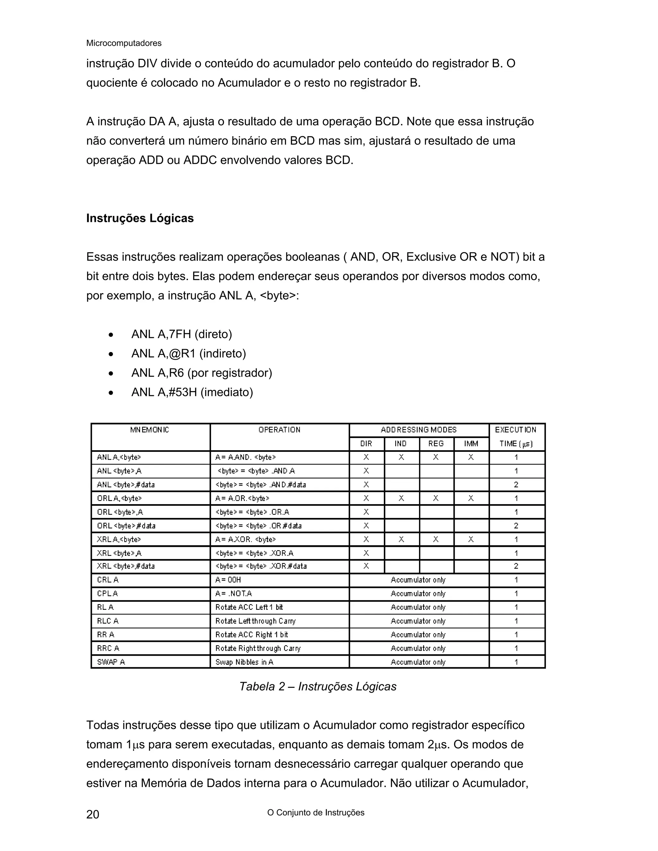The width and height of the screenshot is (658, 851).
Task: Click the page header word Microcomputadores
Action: (124, 43)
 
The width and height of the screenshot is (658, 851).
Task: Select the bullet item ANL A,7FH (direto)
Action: (181, 334)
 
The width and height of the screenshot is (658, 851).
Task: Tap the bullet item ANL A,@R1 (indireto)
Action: (188, 354)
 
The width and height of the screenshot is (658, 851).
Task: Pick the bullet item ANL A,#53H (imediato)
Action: (192, 392)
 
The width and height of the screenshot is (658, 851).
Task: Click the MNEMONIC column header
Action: (150, 430)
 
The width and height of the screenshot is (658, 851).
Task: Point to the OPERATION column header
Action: (279, 430)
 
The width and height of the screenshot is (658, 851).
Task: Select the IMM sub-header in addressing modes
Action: (471, 444)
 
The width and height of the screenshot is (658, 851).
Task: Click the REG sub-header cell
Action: (436, 444)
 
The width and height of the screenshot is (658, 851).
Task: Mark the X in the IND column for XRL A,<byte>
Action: (401, 539)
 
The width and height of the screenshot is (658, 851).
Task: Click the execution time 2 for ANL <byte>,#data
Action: (516, 485)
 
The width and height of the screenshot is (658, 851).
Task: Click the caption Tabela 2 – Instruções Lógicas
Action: (318, 687)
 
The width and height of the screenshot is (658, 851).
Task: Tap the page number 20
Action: (93, 814)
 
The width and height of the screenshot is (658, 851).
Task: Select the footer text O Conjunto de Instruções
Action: (316, 813)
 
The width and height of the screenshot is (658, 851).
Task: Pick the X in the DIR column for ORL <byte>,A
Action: (366, 512)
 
